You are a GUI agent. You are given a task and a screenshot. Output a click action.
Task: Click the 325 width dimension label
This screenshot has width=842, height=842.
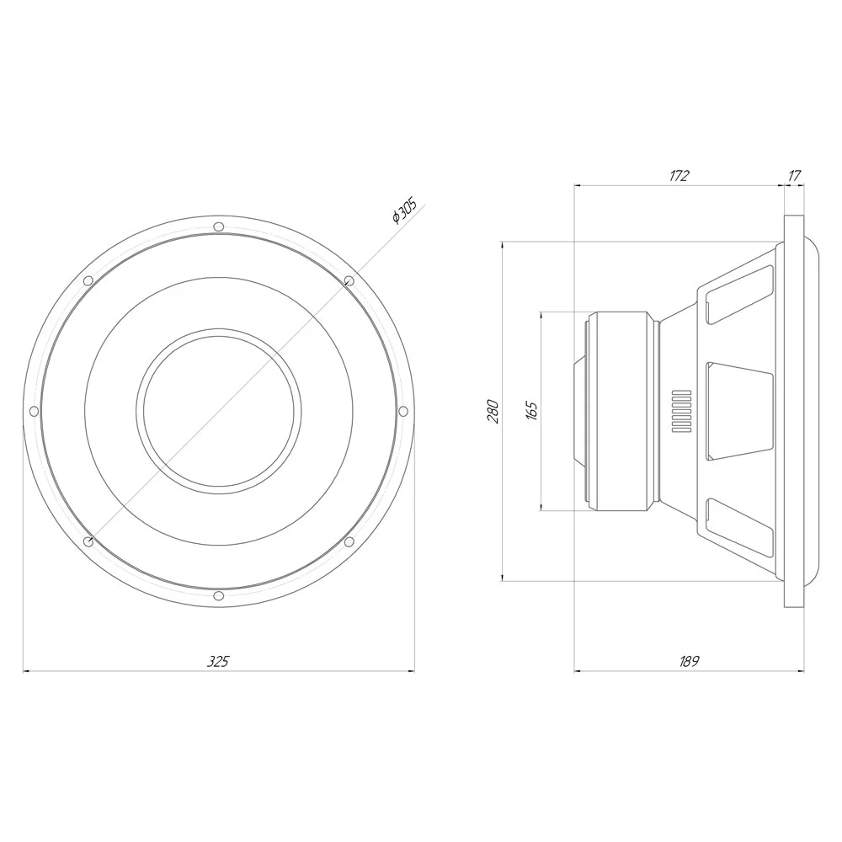pyautogui.click(x=218, y=662)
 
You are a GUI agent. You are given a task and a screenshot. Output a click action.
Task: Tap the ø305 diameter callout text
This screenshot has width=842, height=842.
pyautogui.click(x=405, y=210)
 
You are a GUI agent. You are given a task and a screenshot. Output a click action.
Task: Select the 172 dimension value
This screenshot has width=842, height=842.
pyautogui.click(x=679, y=176)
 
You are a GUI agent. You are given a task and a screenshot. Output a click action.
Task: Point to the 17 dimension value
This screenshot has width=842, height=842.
pyautogui.click(x=795, y=176)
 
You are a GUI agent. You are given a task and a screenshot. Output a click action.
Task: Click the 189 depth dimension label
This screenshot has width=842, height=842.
pyautogui.click(x=689, y=662)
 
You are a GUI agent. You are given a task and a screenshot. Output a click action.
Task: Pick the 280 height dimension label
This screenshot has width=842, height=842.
pyautogui.click(x=493, y=412)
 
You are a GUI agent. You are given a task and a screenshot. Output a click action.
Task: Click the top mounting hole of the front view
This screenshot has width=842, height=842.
pyautogui.click(x=218, y=226)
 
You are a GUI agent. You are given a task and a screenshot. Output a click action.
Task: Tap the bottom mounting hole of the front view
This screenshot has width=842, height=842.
pyautogui.click(x=218, y=596)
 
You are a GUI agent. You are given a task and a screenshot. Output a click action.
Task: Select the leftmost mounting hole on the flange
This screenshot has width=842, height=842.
pyautogui.click(x=34, y=412)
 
